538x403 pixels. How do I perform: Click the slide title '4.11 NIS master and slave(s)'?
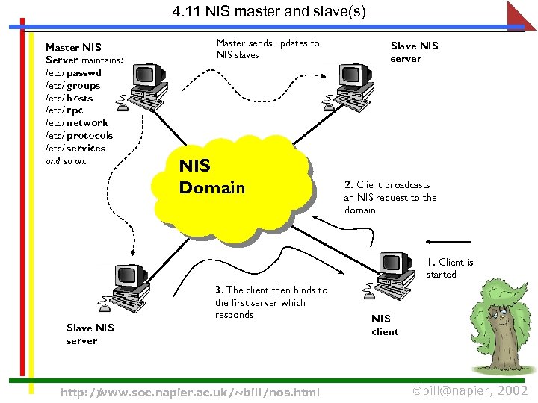click(x=269, y=12)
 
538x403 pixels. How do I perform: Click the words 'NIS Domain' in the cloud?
click(x=211, y=177)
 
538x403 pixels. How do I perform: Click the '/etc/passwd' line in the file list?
click(x=73, y=73)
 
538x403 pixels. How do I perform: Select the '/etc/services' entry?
click(x=75, y=148)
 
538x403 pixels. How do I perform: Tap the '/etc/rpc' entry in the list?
click(x=64, y=110)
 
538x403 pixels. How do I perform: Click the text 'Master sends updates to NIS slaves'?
click(x=268, y=49)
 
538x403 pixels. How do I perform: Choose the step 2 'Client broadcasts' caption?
click(x=390, y=197)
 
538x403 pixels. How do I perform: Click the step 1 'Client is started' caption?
click(x=449, y=268)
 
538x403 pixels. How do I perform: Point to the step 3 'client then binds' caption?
click(x=270, y=302)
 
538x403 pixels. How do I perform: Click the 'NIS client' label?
click(x=385, y=325)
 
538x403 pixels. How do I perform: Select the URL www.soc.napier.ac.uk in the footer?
click(x=190, y=392)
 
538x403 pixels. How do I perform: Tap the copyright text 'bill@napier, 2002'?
click(x=471, y=390)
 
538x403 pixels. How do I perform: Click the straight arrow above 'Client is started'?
click(x=448, y=242)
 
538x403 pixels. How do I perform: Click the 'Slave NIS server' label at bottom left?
click(x=90, y=334)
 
